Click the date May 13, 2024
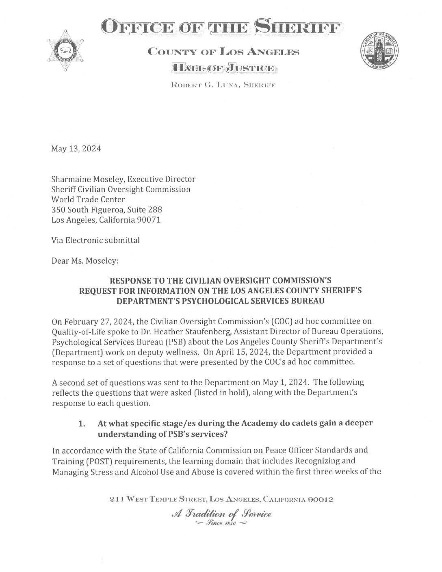tap(76, 149)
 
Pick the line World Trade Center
tap(88, 199)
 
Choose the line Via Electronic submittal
tap(95, 240)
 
